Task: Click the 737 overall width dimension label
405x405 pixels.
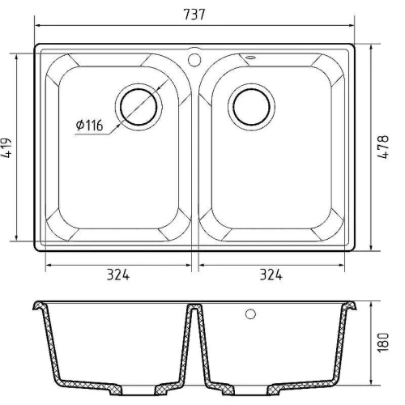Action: pyautogui.click(x=194, y=15)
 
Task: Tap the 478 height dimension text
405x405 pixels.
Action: pyautogui.click(x=383, y=147)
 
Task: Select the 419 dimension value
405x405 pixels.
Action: pyautogui.click(x=6, y=148)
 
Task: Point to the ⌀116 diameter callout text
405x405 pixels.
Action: pyautogui.click(x=89, y=125)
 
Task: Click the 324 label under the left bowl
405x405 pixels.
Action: pyautogui.click(x=118, y=275)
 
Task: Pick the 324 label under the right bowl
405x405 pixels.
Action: pyautogui.click(x=271, y=275)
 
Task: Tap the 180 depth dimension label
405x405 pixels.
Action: pyautogui.click(x=383, y=343)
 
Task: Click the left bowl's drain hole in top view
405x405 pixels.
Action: pyautogui.click(x=139, y=107)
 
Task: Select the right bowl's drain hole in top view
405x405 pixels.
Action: pyautogui.click(x=251, y=107)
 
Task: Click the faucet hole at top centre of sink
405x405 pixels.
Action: pyautogui.click(x=194, y=59)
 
